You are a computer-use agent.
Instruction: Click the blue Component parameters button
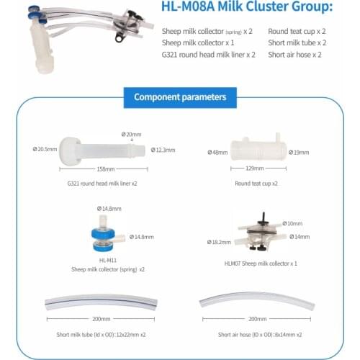(180, 96)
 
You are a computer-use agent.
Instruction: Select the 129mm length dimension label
(255, 168)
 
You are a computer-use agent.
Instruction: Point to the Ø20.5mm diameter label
(44, 149)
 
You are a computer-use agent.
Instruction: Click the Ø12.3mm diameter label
(163, 150)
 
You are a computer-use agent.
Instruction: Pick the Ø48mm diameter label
(217, 152)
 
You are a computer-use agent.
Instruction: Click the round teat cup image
(256, 149)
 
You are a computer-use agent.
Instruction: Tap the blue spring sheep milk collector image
(107, 235)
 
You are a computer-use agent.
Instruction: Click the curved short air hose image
(256, 300)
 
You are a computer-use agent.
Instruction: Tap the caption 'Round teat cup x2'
(256, 184)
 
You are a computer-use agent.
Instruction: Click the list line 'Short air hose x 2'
(294, 55)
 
